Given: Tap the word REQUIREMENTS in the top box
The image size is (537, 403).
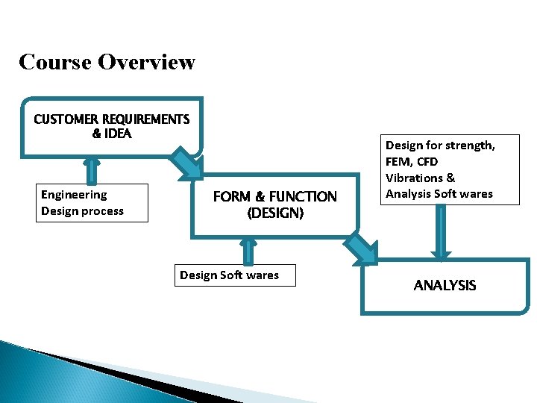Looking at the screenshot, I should tap(146, 119).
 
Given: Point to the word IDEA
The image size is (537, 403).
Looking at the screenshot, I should tap(118, 134).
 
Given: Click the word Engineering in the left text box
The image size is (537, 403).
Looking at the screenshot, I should tap(74, 195).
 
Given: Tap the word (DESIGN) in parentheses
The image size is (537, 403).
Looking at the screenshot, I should tap(275, 213).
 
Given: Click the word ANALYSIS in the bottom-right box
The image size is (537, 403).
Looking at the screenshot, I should tap(445, 285).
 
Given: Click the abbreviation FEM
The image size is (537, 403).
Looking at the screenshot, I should tap(400, 161).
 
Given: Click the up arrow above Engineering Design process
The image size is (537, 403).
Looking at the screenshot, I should tap(92, 169).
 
